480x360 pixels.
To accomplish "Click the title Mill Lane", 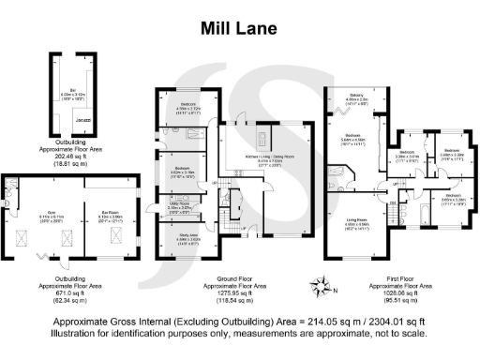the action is [239, 28].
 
